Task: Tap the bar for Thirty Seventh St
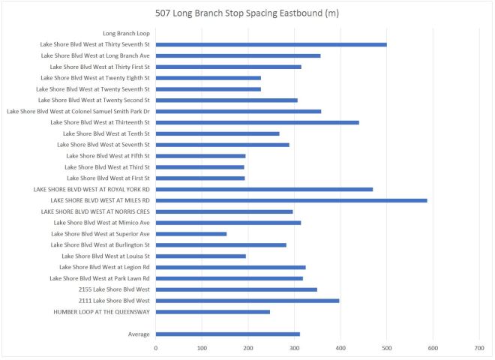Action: tap(271, 44)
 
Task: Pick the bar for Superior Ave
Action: tap(191, 234)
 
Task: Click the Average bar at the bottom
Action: tap(228, 334)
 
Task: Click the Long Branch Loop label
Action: tap(126, 33)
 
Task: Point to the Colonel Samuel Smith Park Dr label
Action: tap(78, 111)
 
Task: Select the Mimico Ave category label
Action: tap(102, 223)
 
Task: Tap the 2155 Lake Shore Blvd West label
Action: tap(114, 289)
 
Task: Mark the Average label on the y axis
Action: tap(138, 334)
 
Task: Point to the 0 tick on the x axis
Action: tap(156, 348)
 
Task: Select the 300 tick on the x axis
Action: tap(295, 348)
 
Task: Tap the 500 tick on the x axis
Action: tap(387, 348)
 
